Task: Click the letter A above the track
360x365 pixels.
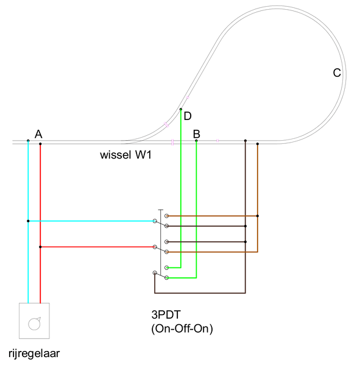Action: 38,134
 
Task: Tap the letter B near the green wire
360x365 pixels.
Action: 197,134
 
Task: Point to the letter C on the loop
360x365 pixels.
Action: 337,73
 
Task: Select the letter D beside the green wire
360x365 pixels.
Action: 188,116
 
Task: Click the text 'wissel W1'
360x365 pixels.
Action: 125,155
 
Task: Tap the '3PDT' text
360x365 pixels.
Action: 166,314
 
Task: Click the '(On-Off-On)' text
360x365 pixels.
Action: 182,328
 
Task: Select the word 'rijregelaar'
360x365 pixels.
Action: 34,353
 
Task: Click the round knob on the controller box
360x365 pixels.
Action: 34,324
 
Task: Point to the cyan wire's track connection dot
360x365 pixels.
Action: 28,141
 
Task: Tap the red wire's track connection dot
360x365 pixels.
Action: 40,144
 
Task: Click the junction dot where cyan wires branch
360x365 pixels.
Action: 28,221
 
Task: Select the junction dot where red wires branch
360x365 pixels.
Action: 40,247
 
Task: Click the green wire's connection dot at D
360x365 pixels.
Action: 181,109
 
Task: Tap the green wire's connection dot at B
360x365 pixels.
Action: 196,141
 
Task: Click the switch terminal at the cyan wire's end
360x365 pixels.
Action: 155,221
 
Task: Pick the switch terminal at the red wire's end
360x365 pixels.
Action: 155,247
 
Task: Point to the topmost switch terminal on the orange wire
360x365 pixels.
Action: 167,216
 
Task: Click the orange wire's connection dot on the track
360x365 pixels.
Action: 258,144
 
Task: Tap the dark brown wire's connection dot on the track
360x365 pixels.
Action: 245,141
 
